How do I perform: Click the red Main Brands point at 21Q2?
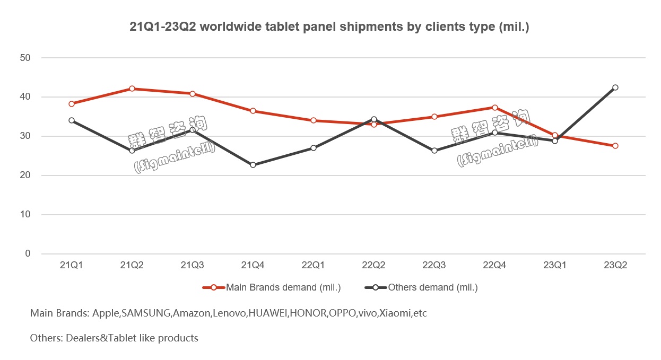132,89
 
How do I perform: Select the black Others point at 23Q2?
615,87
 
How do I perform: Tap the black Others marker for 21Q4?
253,165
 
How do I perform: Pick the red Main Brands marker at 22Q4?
495,108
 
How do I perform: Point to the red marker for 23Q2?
615,146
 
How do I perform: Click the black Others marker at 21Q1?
72,120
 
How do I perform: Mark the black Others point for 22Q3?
434,151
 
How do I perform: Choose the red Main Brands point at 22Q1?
314,120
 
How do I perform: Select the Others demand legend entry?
433,288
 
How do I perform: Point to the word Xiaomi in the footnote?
395,313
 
